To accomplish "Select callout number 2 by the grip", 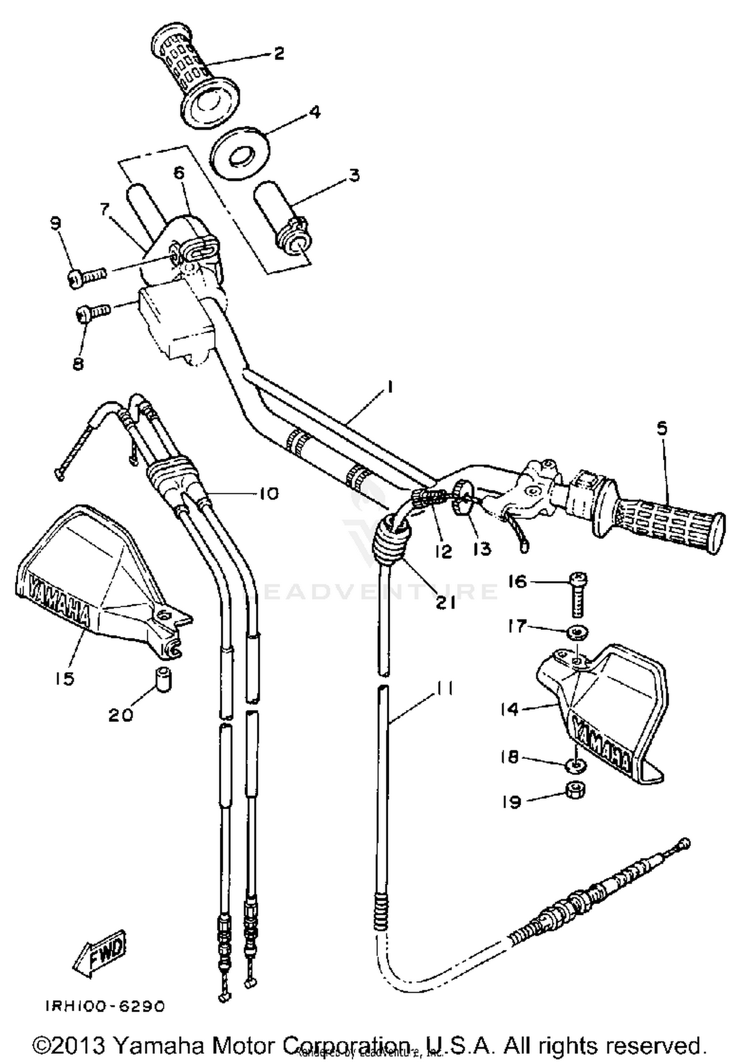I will pos(279,53).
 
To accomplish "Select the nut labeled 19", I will pos(576,790).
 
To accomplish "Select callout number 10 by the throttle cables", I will pos(268,493).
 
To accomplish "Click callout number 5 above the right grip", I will pos(661,428).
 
